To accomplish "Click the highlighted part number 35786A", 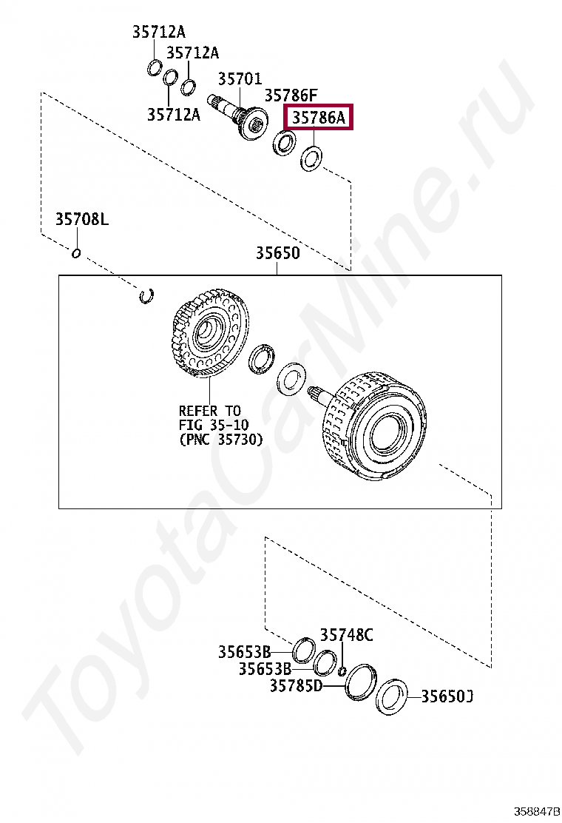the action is (318, 118).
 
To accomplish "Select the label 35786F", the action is (291, 95).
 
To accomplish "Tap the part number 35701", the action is (240, 78).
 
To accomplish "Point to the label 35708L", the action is (82, 219).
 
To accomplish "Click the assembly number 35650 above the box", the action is (278, 253).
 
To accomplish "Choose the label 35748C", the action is (347, 635).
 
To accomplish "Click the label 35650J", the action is (447, 696).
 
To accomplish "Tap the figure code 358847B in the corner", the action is (537, 811).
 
